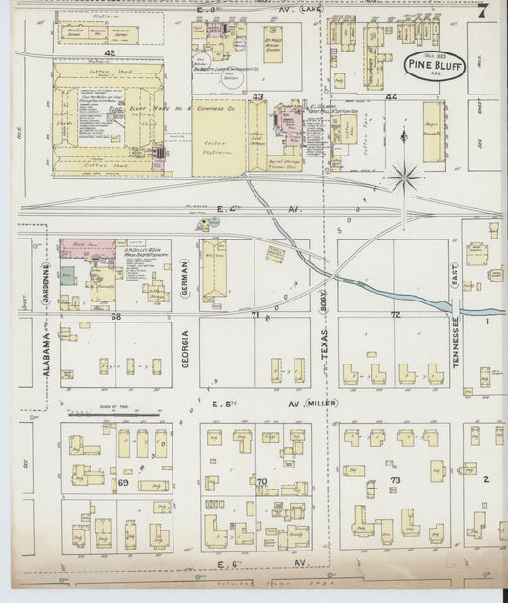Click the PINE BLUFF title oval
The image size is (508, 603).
[x=432, y=65]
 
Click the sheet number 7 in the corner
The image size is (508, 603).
[x=483, y=12]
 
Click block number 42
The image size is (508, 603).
[x=110, y=53]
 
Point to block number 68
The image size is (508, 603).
[x=116, y=315]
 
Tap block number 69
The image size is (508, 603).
[x=123, y=484]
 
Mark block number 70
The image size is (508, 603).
[x=261, y=482]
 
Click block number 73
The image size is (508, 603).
[x=396, y=479]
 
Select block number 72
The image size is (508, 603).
[x=394, y=314]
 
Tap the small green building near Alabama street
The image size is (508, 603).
[x=66, y=277]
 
